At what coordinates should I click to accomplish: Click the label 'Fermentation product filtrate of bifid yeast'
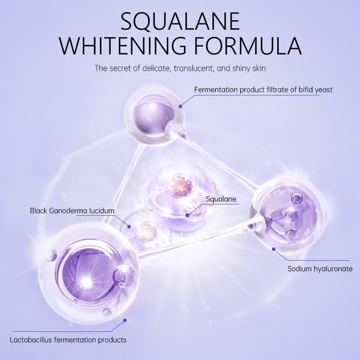(x=263, y=90)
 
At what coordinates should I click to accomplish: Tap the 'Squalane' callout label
(x=221, y=199)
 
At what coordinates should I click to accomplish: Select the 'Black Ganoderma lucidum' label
(x=72, y=210)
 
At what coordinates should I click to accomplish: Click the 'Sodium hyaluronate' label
(x=320, y=269)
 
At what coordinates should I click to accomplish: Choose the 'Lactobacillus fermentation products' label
(x=68, y=340)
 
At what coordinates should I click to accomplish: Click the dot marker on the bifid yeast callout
(x=180, y=106)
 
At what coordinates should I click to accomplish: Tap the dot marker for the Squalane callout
(x=187, y=216)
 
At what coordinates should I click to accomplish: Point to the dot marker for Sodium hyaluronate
(x=273, y=247)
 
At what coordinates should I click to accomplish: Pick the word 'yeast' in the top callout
(x=324, y=90)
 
